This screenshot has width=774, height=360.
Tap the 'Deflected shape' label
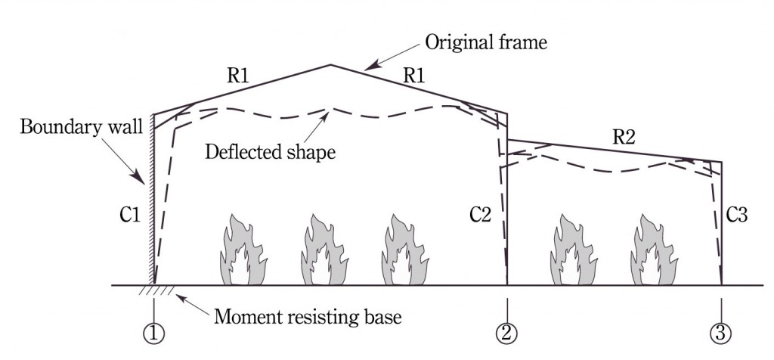[x=270, y=151]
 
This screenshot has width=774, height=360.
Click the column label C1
[x=131, y=216]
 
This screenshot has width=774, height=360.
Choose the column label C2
[x=480, y=216]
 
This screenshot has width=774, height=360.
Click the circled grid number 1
[x=154, y=331]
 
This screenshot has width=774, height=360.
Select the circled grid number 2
[x=506, y=331]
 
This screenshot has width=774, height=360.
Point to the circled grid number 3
[x=722, y=331]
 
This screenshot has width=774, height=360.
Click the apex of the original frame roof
[x=330, y=65]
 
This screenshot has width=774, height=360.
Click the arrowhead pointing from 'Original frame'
[x=367, y=68]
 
